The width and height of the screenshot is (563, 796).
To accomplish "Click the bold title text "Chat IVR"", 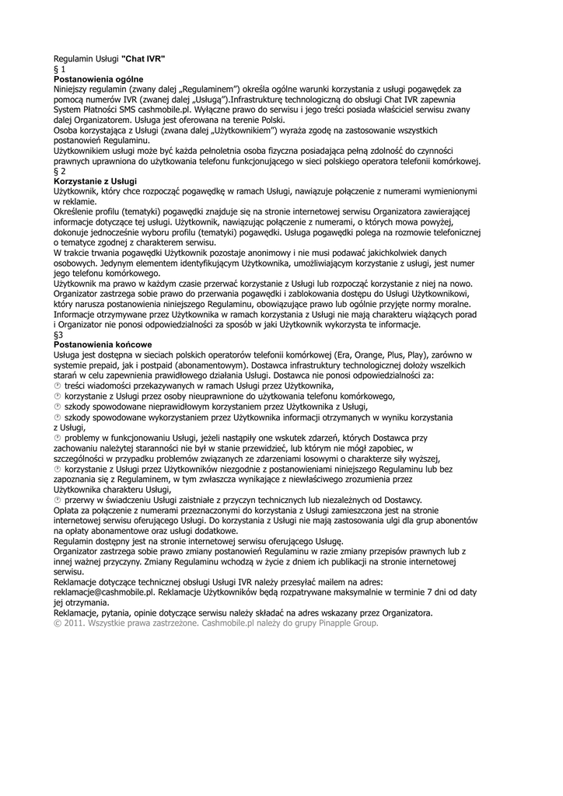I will click(x=143, y=59).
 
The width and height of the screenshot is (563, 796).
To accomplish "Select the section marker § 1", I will click(x=58, y=69).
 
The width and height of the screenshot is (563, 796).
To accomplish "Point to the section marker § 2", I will click(x=58, y=170).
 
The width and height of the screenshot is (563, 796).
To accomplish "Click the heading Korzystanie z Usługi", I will click(x=94, y=180).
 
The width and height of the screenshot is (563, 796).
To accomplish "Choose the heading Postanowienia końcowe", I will click(x=102, y=344).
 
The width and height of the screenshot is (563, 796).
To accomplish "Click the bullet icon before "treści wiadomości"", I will click(x=57, y=386).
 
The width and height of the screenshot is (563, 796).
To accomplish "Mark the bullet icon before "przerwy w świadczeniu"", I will click(x=57, y=501).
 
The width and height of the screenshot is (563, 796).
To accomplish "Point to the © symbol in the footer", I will click(x=57, y=623).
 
